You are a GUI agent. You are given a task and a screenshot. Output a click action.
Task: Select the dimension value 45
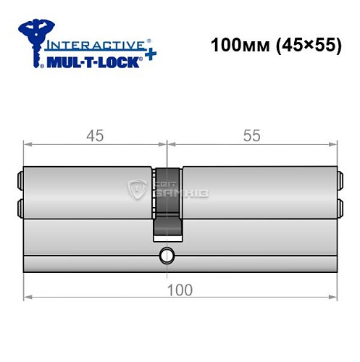pos(94,135)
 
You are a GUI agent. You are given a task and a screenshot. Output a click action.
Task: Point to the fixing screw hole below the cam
pos(167,256)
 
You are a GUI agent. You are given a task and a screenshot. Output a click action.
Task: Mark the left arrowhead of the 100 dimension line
pos(27,297)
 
